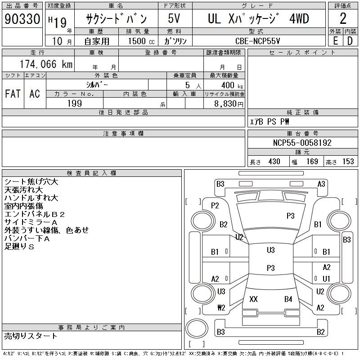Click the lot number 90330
click(22, 19)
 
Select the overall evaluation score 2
click(343, 18)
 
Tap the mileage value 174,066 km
click(46, 64)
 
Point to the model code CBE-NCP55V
click(257, 41)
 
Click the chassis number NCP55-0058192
click(302, 143)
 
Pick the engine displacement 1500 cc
click(141, 41)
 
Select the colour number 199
click(75, 103)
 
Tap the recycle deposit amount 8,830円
click(229, 104)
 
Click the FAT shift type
click(13, 94)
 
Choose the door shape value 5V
click(174, 18)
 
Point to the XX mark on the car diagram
click(253, 299)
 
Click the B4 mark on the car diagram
click(288, 299)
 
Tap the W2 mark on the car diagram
click(221, 308)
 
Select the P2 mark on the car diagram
click(215, 206)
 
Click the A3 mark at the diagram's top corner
click(321, 184)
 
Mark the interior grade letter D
click(350, 41)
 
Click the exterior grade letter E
click(335, 41)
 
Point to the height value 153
click(348, 162)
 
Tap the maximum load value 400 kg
click(232, 85)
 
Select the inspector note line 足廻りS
click(19, 247)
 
